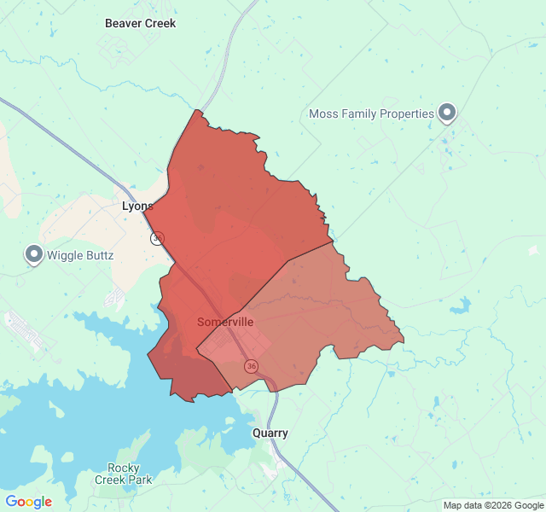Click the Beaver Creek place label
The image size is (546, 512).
pyautogui.click(x=140, y=23)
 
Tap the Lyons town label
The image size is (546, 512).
pyautogui.click(x=137, y=207)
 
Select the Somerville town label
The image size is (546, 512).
pyautogui.click(x=225, y=322)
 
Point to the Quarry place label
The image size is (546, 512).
pyautogui.click(x=270, y=433)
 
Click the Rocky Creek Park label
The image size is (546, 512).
pyautogui.click(x=130, y=474)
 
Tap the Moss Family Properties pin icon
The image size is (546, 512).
pyautogui.click(x=447, y=112)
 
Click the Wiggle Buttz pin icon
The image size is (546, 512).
pyautogui.click(x=34, y=253)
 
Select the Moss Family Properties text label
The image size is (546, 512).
pyautogui.click(x=370, y=113)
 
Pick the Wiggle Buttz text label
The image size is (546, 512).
pyautogui.click(x=79, y=255)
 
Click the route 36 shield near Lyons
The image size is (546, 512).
pyautogui.click(x=158, y=239)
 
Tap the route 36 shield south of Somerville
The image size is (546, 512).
pyautogui.click(x=251, y=366)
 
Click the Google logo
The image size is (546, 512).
pyautogui.click(x=28, y=502)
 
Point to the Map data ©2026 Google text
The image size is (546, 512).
pyautogui.click(x=492, y=505)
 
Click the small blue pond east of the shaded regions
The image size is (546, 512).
pyautogui.click(x=463, y=305)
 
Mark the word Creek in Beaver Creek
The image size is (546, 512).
pyautogui.click(x=160, y=23)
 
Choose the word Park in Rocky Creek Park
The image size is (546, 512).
pyautogui.click(x=140, y=480)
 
